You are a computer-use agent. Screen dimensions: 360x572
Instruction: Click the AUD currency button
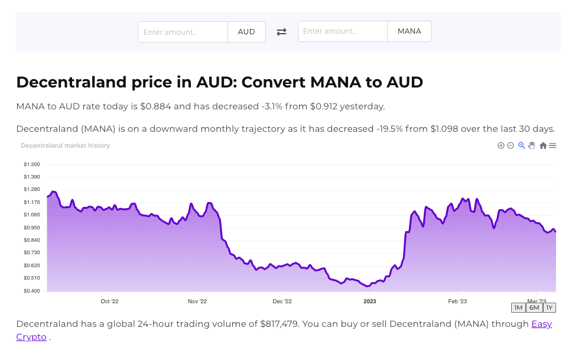(246, 32)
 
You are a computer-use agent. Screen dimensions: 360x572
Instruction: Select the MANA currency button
(409, 31)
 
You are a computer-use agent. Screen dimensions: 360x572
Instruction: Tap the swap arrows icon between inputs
(282, 32)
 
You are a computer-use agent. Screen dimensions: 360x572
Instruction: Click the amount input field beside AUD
(183, 32)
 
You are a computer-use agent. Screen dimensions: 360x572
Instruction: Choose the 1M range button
(518, 308)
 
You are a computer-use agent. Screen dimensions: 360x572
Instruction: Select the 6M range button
(534, 308)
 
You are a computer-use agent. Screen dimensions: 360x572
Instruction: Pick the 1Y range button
(550, 308)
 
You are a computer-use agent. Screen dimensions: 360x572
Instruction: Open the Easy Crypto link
(541, 324)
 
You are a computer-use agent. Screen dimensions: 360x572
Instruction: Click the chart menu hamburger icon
(552, 145)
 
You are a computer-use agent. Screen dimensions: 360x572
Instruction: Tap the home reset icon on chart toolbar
(543, 145)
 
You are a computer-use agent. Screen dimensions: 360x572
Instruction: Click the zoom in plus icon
(501, 145)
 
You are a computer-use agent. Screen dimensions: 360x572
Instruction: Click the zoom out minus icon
(511, 145)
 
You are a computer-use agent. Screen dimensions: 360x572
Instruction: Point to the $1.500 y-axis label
(32, 164)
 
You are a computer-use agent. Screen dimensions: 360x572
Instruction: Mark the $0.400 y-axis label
(32, 291)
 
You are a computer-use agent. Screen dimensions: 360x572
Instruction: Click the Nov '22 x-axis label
(197, 301)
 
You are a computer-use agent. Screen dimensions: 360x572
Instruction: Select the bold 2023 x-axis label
(370, 301)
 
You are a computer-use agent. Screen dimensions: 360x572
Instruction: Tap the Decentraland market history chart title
(65, 145)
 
